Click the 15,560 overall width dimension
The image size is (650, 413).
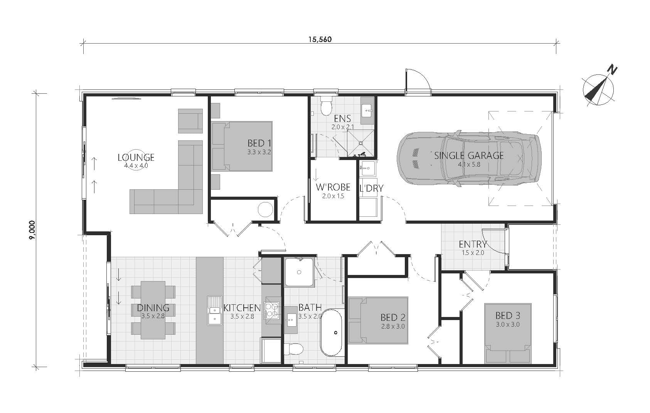tap(320, 39)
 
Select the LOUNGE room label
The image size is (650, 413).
tap(136, 157)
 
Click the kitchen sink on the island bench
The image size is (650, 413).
tap(214, 310)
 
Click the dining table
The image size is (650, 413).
tap(153, 310)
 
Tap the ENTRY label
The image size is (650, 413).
tap(473, 244)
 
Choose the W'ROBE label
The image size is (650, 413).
tap(333, 187)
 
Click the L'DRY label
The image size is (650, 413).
tap(371, 188)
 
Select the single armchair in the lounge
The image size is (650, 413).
tap(190, 120)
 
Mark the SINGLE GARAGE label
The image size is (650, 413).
tap(469, 155)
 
